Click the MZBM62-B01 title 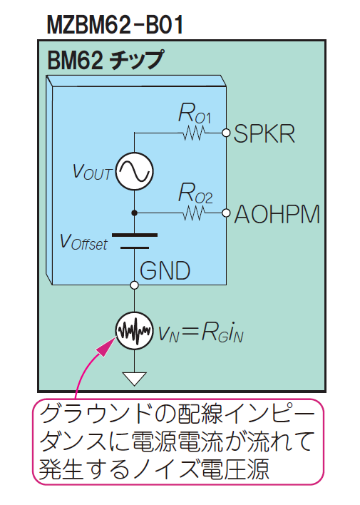coord(115,24)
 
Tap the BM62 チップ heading coord(106,60)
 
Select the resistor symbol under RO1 coord(194,133)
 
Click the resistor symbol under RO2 coord(194,213)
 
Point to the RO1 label coord(195,113)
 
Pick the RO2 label coord(195,193)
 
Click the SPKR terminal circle coord(227,133)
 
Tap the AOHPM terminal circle coord(227,213)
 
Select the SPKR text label coord(264,133)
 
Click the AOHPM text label coord(277,214)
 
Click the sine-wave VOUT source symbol coord(135,171)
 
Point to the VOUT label coord(93,172)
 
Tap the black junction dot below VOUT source coord(135,213)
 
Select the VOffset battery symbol coord(135,241)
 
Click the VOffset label coord(83,242)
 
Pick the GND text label coord(165,270)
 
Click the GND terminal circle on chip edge coord(135,285)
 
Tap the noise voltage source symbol coord(134,331)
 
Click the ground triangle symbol coord(135,378)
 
